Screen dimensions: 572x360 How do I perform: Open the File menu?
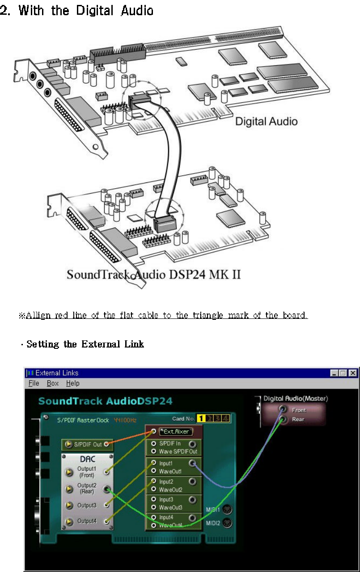click(x=34, y=383)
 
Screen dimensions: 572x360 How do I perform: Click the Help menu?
click(x=72, y=383)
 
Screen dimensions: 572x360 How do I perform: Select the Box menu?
click(x=53, y=383)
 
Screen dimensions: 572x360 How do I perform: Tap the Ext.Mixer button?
click(x=176, y=432)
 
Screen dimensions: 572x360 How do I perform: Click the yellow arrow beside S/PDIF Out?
click(x=68, y=445)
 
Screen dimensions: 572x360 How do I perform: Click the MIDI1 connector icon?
click(x=228, y=509)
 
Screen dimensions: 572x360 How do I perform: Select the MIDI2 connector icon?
click(x=228, y=523)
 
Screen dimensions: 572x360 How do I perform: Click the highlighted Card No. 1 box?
click(x=202, y=419)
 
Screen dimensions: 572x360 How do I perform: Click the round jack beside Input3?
click(x=193, y=500)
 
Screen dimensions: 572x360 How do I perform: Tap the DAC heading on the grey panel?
click(x=87, y=459)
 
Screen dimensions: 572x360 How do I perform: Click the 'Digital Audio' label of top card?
click(x=266, y=121)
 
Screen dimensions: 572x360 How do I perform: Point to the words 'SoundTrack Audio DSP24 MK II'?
click(x=153, y=274)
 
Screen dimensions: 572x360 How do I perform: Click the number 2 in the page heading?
click(x=5, y=10)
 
